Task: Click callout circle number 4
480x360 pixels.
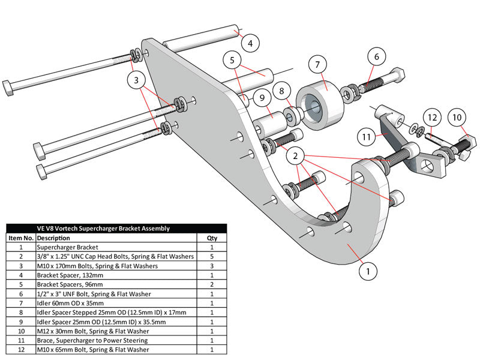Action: (250, 43)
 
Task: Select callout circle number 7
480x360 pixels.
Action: (317, 64)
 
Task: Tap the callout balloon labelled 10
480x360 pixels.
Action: (457, 118)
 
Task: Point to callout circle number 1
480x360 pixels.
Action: (368, 271)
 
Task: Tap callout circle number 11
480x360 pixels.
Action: (367, 136)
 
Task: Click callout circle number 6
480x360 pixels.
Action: (377, 57)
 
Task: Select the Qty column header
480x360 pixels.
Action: (212, 238)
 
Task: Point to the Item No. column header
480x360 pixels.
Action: (20, 238)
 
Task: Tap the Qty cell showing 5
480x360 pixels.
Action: (212, 256)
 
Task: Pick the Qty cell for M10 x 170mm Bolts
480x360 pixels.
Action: (212, 266)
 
